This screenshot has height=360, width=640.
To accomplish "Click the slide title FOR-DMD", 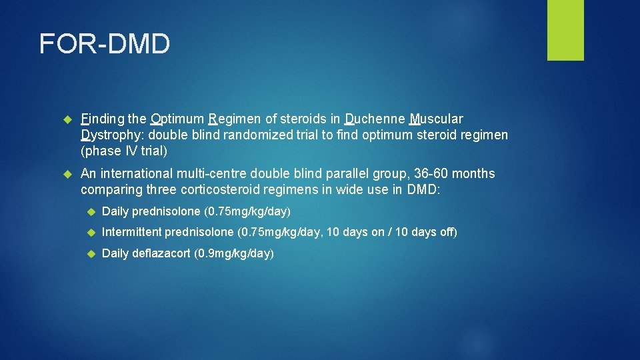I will (x=105, y=45).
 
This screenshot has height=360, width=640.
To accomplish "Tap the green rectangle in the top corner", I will (x=565, y=30).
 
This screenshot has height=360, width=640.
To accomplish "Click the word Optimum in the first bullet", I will (x=177, y=119).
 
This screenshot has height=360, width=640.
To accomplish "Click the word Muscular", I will (x=436, y=119).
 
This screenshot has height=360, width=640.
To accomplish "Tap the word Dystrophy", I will (x=110, y=135).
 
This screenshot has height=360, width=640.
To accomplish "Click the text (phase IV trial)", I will (x=123, y=151).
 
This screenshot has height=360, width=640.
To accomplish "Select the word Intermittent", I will (x=132, y=233).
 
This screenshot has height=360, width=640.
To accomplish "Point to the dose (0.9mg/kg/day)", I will (x=234, y=254).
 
